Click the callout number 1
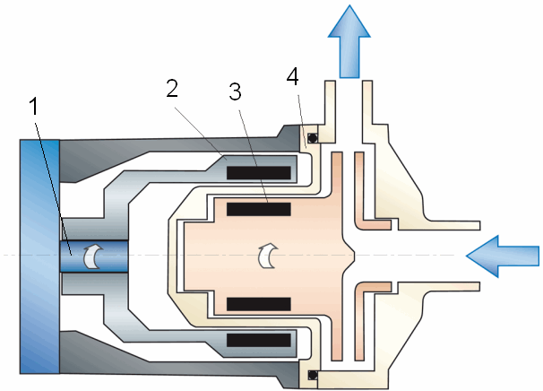pos(34,108)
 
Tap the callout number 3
pos(235,92)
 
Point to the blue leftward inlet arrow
pos(503,256)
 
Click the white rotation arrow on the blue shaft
pos(90,256)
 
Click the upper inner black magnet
pos(258,209)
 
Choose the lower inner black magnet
pos(258,303)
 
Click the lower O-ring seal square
pos(313,373)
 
